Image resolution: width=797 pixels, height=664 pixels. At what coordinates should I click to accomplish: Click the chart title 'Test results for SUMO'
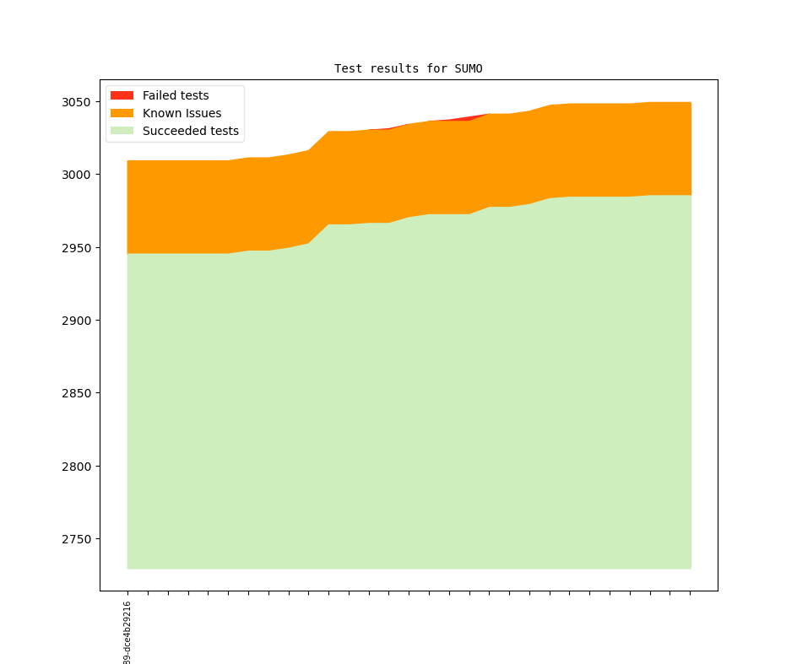click(409, 69)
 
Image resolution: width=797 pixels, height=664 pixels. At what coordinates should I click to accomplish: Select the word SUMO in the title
click(469, 69)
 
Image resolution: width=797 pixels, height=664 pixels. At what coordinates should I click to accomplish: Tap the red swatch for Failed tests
click(122, 95)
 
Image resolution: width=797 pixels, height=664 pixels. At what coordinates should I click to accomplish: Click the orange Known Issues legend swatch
click(122, 113)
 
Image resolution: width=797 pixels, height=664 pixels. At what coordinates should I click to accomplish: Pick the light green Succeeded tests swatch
click(122, 131)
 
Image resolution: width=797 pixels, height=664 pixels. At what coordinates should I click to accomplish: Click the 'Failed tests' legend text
click(176, 95)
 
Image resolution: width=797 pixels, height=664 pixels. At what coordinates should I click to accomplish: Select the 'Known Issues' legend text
click(182, 113)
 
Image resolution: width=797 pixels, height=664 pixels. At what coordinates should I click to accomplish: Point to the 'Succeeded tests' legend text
click(191, 131)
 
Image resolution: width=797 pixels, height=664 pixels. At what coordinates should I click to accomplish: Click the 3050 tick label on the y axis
click(76, 102)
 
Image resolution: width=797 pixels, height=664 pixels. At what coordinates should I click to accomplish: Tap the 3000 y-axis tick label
click(76, 175)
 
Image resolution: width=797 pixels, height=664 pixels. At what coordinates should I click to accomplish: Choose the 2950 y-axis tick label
click(76, 248)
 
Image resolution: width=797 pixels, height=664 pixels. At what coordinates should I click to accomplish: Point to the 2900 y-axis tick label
click(76, 321)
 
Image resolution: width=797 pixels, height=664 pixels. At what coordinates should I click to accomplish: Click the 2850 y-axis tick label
click(76, 393)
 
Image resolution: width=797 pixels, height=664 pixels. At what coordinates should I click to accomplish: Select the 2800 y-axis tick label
click(76, 467)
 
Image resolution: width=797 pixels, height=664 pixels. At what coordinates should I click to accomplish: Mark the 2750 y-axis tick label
click(76, 539)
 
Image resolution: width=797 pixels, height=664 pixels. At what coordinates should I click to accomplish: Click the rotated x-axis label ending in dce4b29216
click(127, 633)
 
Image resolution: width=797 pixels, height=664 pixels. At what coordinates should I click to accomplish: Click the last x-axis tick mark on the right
click(691, 593)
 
